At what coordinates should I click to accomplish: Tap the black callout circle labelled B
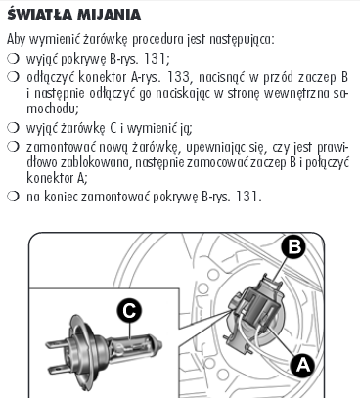pos(295,246)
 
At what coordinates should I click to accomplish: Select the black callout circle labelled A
pos(303,365)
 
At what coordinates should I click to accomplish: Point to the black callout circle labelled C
pos(129,310)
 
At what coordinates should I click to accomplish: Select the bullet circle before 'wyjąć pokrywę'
pos(13,59)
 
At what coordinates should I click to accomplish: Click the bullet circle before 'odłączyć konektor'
pos(13,77)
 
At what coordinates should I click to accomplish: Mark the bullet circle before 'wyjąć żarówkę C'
pos(13,128)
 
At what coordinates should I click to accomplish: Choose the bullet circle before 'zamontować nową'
pos(13,147)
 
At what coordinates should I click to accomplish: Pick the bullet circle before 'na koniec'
pos(13,197)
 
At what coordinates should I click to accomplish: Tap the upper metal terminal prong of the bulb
pos(58,344)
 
